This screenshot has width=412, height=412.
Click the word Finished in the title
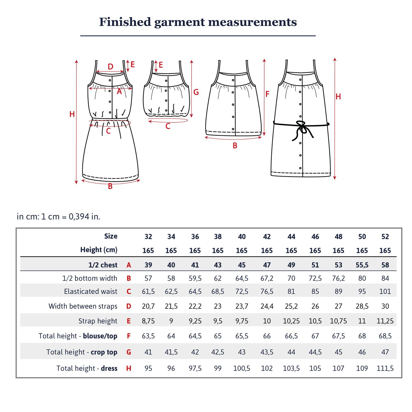tap(125, 22)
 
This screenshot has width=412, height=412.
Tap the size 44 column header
tap(291, 237)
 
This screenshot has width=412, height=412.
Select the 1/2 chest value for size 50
tap(362, 265)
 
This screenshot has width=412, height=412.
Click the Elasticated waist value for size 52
tap(385, 291)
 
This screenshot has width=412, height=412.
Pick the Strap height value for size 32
tap(148, 321)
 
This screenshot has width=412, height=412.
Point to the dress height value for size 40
tap(242, 368)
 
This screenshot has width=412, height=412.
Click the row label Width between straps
tap(83, 306)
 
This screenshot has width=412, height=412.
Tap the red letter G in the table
tap(129, 352)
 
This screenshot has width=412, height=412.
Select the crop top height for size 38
tap(218, 352)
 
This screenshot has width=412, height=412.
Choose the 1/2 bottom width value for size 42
tap(267, 278)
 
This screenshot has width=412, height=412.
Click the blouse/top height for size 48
tap(338, 336)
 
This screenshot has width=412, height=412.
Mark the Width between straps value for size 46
tap(315, 306)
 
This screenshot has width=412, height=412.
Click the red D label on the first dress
tap(110, 67)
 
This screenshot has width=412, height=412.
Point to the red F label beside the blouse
tap(267, 94)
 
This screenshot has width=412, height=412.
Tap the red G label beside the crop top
tap(196, 92)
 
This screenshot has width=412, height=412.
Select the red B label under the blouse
tap(235, 146)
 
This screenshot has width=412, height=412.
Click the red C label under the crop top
tap(168, 126)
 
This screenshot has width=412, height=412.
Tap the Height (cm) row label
tap(99, 250)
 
